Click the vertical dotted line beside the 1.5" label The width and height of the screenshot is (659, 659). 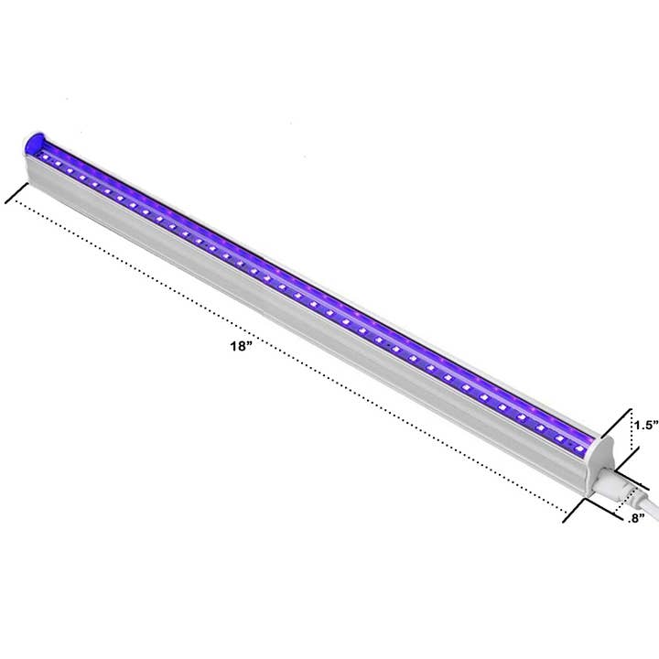coord(629,441)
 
